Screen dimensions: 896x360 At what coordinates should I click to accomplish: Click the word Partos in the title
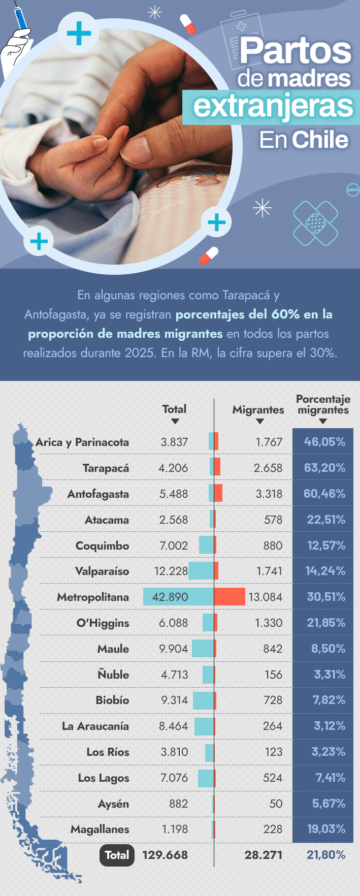(x=296, y=51)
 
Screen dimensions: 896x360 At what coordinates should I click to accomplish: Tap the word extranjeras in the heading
(x=273, y=106)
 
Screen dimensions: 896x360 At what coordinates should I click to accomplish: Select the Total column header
(x=174, y=409)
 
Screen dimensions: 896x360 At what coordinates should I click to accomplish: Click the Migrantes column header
(x=258, y=409)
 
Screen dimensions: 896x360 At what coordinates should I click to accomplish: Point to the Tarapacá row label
(x=106, y=468)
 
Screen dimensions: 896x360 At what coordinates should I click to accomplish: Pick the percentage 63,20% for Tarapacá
(x=324, y=468)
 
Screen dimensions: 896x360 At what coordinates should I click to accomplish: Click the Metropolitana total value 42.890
(x=170, y=597)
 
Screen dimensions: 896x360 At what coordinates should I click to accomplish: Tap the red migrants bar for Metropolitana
(x=230, y=597)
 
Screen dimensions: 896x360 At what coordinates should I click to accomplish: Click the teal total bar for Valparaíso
(x=201, y=571)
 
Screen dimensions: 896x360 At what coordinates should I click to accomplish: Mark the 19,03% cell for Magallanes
(x=326, y=829)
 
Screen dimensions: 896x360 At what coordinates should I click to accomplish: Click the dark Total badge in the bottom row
(x=117, y=855)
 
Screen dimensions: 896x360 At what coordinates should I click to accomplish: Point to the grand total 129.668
(x=165, y=855)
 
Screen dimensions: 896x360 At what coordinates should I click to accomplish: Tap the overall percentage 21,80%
(x=326, y=855)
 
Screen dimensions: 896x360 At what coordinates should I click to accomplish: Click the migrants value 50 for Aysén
(x=276, y=804)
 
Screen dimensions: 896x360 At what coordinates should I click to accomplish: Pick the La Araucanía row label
(x=95, y=726)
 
